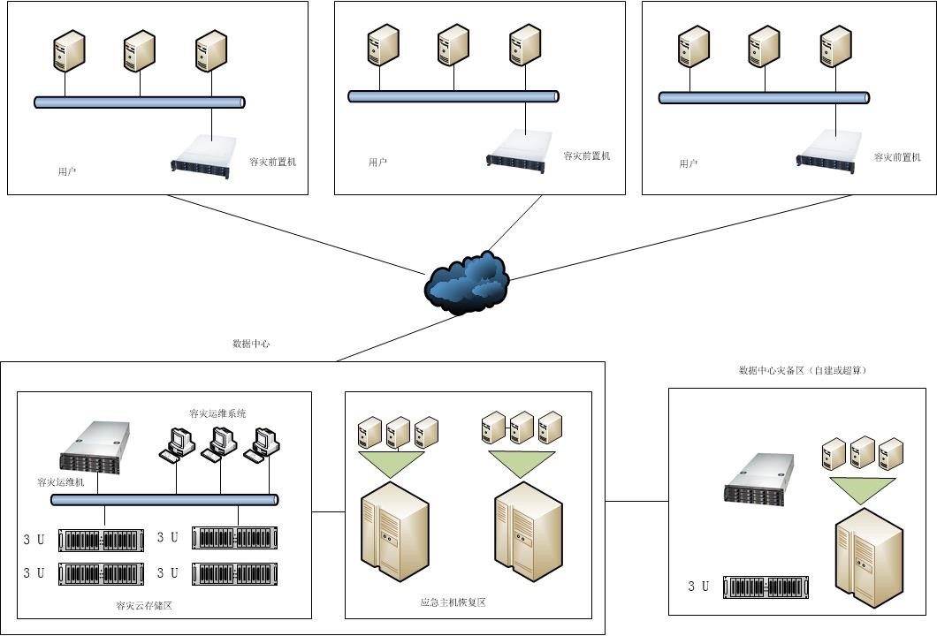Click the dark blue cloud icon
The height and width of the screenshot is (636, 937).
click(467, 282)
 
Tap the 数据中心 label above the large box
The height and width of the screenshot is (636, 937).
click(251, 344)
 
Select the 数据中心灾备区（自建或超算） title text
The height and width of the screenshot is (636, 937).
click(803, 371)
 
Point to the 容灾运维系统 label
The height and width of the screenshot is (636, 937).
click(217, 413)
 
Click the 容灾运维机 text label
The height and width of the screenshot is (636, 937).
click(61, 482)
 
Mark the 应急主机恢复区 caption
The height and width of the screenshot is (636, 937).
click(453, 602)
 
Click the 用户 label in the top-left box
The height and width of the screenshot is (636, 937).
click(67, 171)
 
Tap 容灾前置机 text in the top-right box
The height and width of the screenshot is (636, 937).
click(897, 157)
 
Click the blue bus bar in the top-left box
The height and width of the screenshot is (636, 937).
click(140, 102)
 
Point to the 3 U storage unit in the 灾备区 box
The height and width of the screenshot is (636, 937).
click(766, 587)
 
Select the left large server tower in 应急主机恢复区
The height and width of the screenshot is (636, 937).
click(395, 531)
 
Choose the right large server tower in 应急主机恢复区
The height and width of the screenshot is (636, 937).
click(528, 531)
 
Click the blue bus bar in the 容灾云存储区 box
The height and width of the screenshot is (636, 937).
click(164, 500)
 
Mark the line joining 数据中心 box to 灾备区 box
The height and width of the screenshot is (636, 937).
click(636, 502)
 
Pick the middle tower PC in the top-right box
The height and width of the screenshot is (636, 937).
click(764, 47)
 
